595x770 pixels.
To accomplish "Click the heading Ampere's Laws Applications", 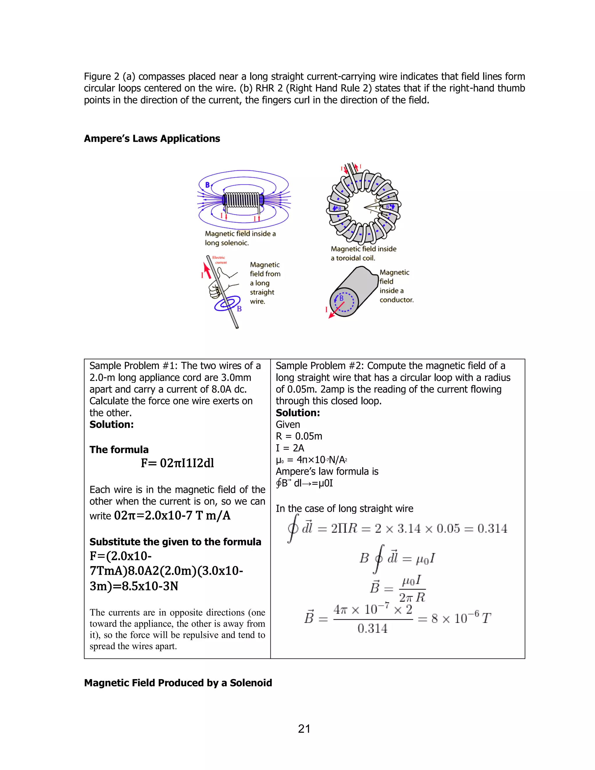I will [152, 139].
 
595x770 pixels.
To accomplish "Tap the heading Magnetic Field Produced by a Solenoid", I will [178, 683].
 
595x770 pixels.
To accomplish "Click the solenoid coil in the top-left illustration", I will [243, 200].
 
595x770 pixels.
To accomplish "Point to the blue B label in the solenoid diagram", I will [208, 185].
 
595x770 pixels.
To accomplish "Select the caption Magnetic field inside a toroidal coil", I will [363, 253].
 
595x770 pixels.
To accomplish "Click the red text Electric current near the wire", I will [220, 260].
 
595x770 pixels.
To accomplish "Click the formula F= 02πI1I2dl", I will [177, 463].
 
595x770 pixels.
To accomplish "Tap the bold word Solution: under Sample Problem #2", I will [297, 413].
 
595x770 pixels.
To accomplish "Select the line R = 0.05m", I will [299, 436].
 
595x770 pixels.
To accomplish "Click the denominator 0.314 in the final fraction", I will [372, 628].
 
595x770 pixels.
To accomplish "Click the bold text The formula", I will [119, 450].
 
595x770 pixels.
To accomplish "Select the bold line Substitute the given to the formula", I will [175, 542].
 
